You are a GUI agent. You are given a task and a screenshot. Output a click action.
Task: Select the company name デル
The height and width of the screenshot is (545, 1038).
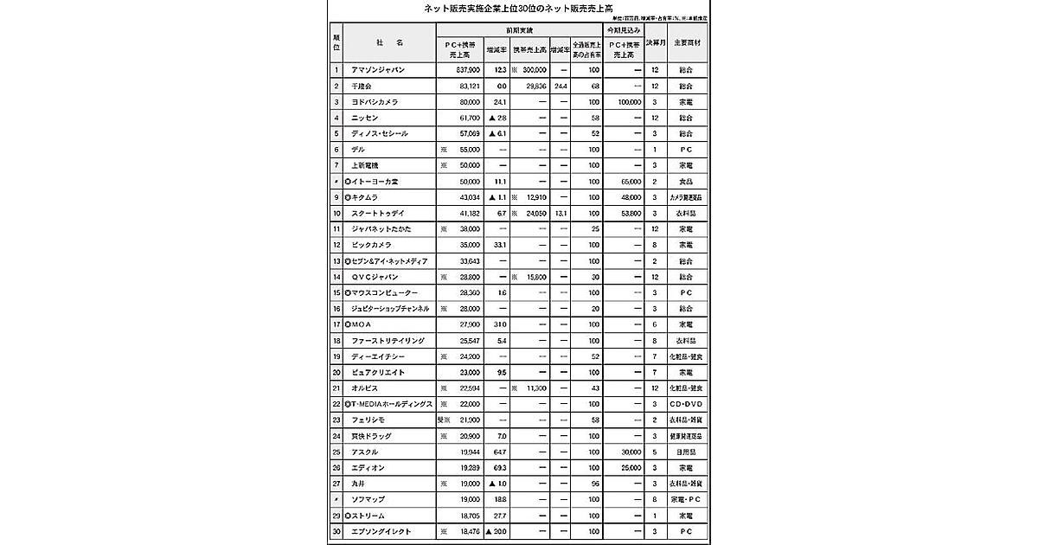tap(358, 150)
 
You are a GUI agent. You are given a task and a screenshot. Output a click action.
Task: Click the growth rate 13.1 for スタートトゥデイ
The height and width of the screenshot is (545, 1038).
tap(561, 213)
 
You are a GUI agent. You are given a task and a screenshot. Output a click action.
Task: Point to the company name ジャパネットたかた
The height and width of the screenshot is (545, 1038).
tap(381, 228)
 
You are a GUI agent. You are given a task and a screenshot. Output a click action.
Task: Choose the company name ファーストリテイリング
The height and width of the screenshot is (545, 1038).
tap(387, 341)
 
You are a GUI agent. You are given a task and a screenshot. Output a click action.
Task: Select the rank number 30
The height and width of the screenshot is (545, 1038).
tap(336, 530)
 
